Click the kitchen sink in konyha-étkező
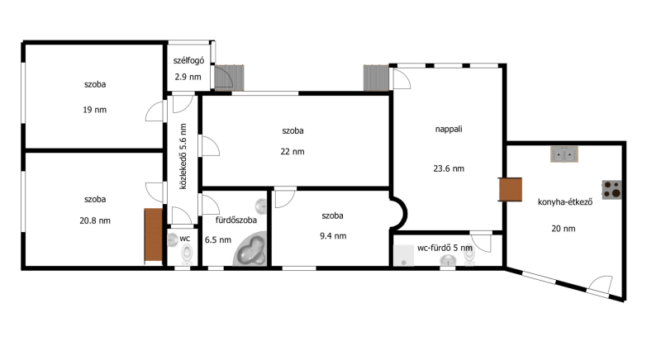click(564, 154)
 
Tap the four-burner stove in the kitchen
click(611, 189)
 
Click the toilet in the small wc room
click(187, 254)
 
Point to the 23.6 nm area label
click(449, 168)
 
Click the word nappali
click(449, 129)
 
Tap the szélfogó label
click(188, 60)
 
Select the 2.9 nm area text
click(188, 77)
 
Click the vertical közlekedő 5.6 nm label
click(183, 156)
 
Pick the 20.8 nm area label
click(95, 220)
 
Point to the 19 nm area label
click(95, 110)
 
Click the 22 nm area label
click(292, 152)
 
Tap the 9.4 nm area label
click(333, 236)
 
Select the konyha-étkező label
click(565, 202)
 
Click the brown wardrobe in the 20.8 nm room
click(154, 235)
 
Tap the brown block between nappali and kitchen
click(511, 189)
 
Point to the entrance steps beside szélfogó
click(230, 78)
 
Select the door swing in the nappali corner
click(402, 78)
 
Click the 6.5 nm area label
click(218, 240)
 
